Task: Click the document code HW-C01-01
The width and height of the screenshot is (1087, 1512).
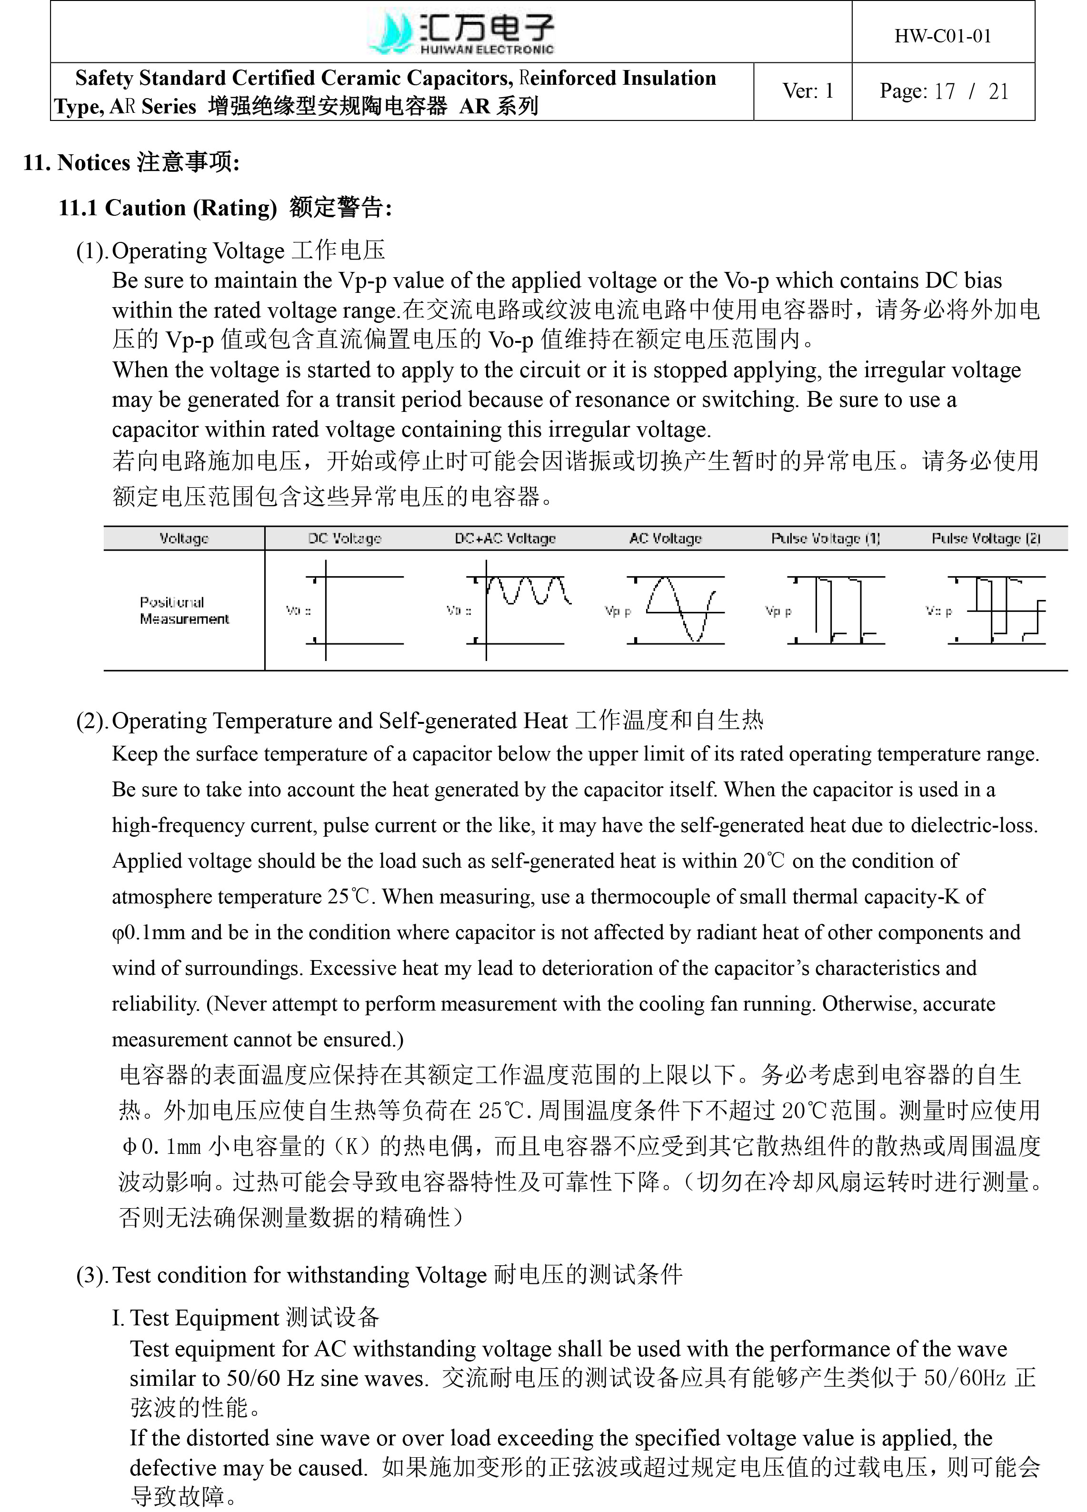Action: coord(942,36)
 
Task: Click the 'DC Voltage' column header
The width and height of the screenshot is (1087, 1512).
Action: coord(345,538)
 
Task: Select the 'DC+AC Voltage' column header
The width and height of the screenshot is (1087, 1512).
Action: coord(505,538)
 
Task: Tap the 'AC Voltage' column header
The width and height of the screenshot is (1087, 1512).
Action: coord(665,538)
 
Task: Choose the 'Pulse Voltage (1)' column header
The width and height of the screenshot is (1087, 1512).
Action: coord(826,538)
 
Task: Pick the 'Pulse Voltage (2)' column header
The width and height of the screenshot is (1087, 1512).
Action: coord(986,538)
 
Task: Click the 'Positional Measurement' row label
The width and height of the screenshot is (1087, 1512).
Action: coord(184,611)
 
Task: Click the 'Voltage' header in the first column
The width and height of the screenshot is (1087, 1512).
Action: coord(184,538)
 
